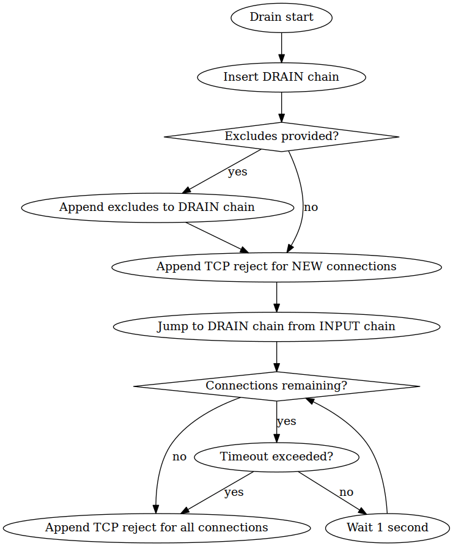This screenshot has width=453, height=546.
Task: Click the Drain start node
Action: click(x=281, y=17)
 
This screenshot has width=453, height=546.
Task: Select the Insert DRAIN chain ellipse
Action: click(x=281, y=77)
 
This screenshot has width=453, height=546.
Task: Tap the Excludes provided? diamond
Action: click(x=281, y=136)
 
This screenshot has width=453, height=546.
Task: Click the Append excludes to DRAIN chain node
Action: click(x=157, y=207)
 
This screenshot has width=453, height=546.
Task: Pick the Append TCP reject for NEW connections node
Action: click(x=276, y=267)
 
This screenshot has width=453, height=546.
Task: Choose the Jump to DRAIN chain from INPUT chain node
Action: click(x=276, y=326)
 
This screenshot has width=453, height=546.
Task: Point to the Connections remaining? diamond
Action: click(x=276, y=386)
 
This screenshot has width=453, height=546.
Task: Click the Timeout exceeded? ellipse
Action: click(x=276, y=456)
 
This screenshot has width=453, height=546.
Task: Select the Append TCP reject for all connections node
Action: click(x=157, y=527)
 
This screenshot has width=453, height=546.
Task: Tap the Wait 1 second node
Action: click(x=387, y=527)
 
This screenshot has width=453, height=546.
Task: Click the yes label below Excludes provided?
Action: click(x=237, y=172)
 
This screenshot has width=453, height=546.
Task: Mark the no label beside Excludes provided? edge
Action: click(x=311, y=207)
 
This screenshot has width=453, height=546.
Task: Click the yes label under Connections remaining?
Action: click(x=286, y=421)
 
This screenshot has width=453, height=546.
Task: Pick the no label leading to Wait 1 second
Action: click(x=346, y=492)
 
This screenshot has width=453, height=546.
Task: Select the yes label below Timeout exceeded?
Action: click(x=234, y=492)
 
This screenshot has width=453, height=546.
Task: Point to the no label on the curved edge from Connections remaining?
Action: click(x=179, y=457)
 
